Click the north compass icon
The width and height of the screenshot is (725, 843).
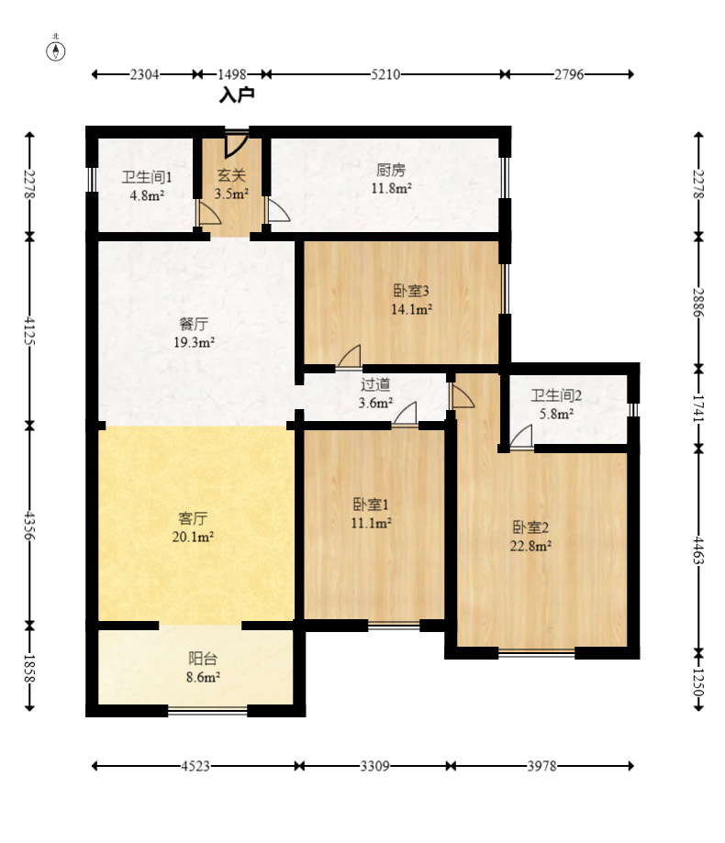pos(55,50)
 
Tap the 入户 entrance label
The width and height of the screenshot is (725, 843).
pos(237,95)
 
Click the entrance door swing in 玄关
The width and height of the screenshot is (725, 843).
pos(236,145)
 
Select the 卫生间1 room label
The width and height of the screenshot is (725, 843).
pos(146,177)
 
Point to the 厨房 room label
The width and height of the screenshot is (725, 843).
pos(391,170)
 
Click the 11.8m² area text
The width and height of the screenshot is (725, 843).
pos(392,188)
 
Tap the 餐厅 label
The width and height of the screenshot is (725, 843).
pos(194,324)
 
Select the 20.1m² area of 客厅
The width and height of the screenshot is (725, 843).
pos(193,537)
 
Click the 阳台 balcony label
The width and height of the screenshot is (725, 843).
pos(203,659)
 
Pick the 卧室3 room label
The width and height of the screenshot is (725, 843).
pos(411,291)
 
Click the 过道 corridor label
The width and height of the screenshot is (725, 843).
pos(375,384)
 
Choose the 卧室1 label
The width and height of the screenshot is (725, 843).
pos(371,505)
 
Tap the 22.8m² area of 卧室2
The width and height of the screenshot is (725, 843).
pos(530,546)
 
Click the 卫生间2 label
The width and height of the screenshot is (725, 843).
pos(556,395)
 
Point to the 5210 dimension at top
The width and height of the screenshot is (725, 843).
pos(385,74)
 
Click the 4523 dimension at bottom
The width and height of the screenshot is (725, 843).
pos(195,766)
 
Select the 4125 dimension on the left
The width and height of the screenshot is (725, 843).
pos(30,331)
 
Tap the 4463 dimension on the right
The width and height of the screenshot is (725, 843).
pos(698,550)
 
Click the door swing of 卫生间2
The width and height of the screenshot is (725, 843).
pos(521,436)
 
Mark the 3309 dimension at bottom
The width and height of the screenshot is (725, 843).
pos(374,766)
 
